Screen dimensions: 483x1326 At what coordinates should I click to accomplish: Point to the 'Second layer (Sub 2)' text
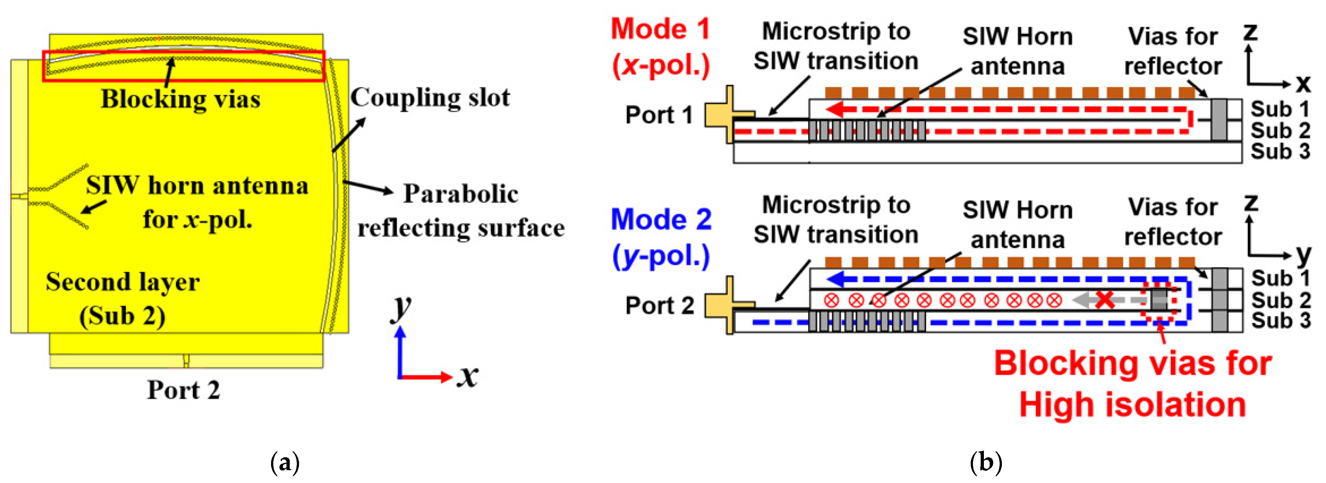coord(123,299)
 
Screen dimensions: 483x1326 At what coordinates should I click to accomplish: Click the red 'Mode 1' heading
coord(660,29)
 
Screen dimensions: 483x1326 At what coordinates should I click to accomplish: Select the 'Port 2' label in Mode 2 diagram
coord(659,306)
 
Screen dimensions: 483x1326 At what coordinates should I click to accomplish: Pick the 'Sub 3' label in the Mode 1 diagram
coord(1280,152)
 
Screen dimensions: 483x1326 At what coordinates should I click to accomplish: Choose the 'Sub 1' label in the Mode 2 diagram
coord(1280,278)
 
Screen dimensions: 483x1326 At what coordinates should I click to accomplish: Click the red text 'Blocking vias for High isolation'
coord(1132,384)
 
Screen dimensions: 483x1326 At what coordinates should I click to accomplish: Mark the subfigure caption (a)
coord(284,462)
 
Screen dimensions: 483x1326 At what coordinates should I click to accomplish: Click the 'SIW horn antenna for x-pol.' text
coord(197,202)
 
